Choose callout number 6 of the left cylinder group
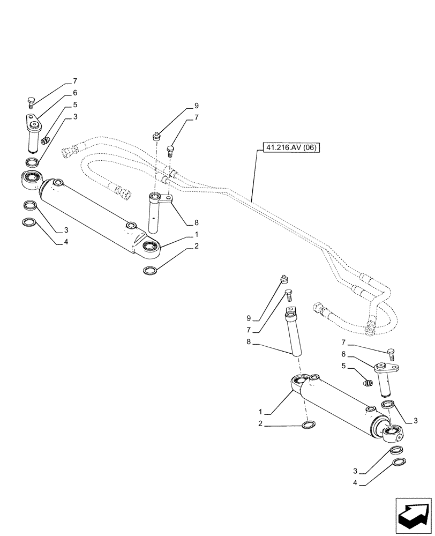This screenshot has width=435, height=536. click(x=75, y=93)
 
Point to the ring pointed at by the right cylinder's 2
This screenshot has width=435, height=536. click(x=309, y=426)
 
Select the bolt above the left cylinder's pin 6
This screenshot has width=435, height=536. click(x=31, y=102)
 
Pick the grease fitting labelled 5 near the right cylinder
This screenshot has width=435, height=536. click(x=367, y=383)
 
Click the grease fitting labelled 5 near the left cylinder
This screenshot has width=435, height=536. click(x=46, y=140)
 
